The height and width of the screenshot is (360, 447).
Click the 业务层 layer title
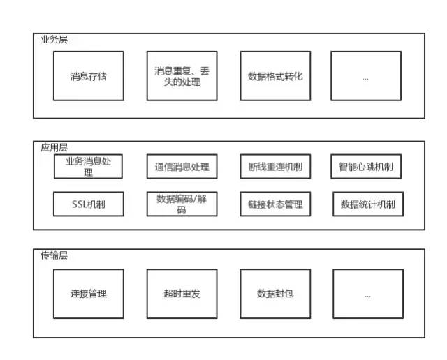(54, 39)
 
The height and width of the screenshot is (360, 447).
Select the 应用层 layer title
(54, 147)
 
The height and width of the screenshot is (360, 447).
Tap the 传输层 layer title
(54, 255)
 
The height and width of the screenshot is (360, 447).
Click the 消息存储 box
(89, 76)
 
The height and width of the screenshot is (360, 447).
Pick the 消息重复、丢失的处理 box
(182, 76)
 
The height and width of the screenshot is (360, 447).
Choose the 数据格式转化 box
(275, 76)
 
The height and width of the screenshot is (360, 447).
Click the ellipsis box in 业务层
(367, 76)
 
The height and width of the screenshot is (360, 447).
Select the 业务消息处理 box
(89, 167)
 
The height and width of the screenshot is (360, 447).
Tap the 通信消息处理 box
(182, 167)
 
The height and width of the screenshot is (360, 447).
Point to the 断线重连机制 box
(275, 167)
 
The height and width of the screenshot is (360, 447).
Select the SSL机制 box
(89, 204)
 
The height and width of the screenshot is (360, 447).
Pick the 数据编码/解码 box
(182, 204)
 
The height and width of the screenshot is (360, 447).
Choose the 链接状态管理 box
(275, 204)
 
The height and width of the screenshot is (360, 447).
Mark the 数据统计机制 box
(368, 204)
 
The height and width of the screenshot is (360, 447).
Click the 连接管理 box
(89, 294)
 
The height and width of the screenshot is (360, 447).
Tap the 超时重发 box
(182, 294)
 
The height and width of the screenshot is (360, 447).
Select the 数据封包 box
(275, 294)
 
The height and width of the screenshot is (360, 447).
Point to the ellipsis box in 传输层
(367, 294)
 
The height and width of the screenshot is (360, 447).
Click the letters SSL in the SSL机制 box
(80, 204)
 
